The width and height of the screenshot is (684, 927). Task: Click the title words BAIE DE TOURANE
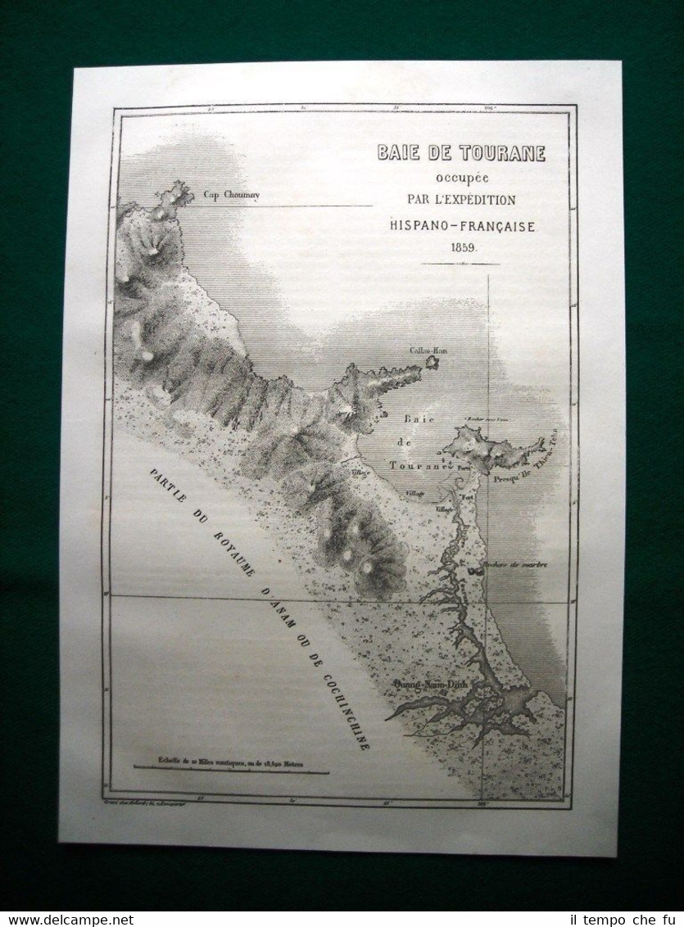[x=460, y=153]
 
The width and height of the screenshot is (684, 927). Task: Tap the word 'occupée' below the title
[x=460, y=178]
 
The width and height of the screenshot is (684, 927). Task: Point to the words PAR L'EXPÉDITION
[x=461, y=200]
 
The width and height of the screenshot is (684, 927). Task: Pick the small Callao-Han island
[x=432, y=361]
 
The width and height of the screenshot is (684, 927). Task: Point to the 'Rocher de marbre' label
[x=515, y=564]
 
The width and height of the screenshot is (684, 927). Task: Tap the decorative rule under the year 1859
[x=460, y=264]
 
